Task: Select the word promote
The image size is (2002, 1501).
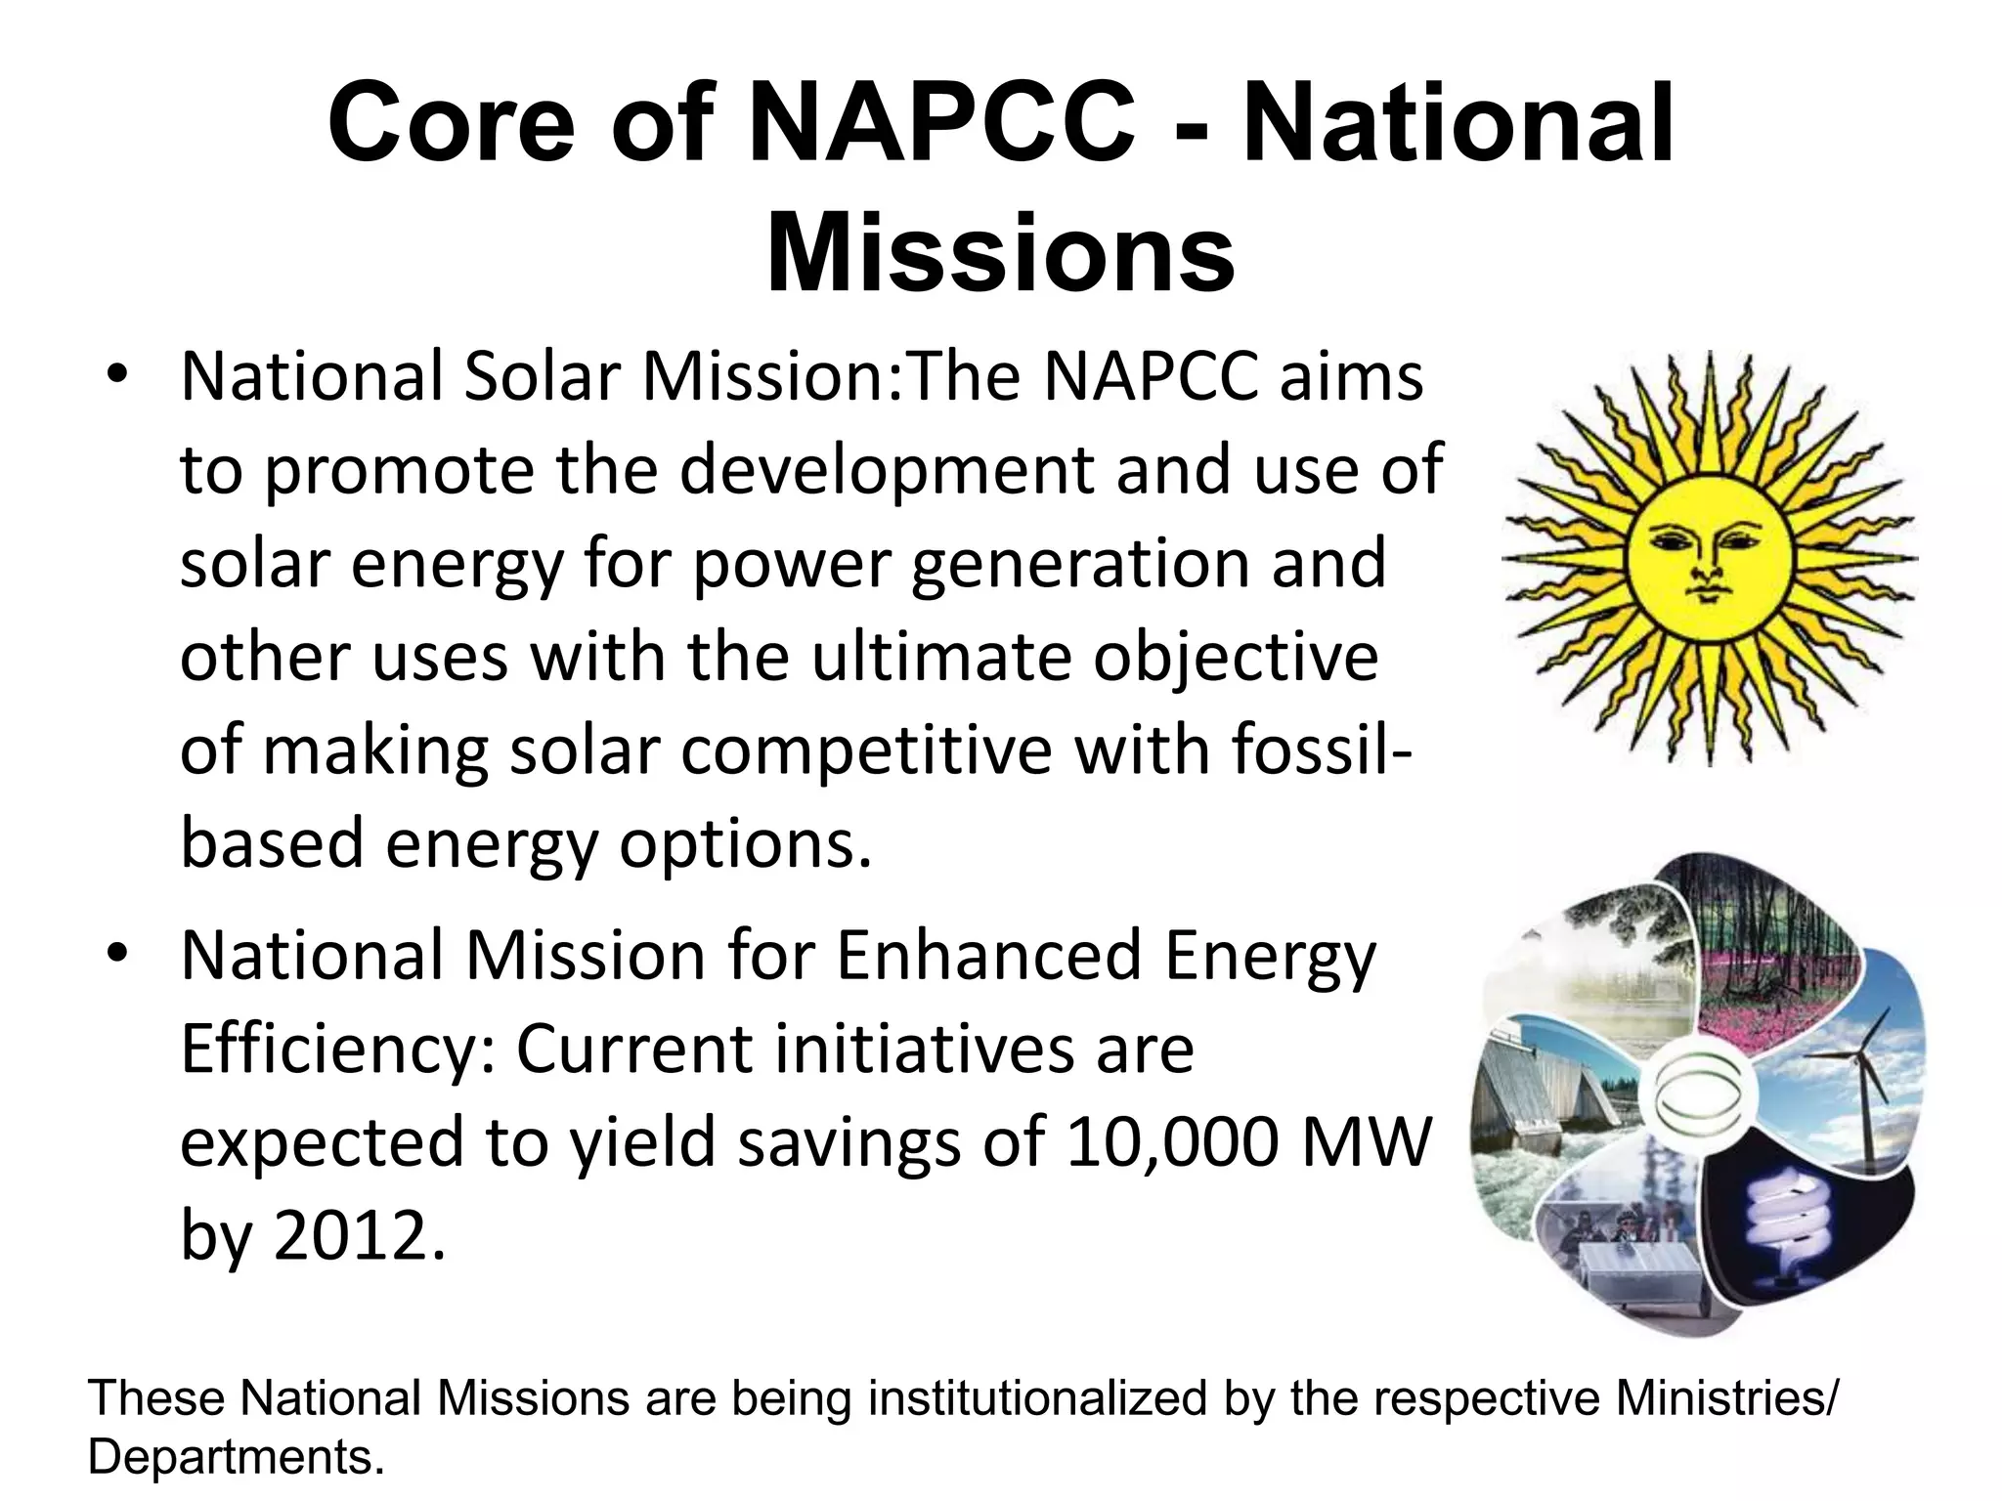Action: pos(399,471)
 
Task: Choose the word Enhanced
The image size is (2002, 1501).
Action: pos(988,955)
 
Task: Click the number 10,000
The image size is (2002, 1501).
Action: pos(1172,1142)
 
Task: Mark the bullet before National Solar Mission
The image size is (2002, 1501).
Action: pos(119,378)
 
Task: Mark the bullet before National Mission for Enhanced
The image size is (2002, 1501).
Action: pos(119,956)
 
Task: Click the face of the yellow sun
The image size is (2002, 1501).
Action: pos(1709,559)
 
